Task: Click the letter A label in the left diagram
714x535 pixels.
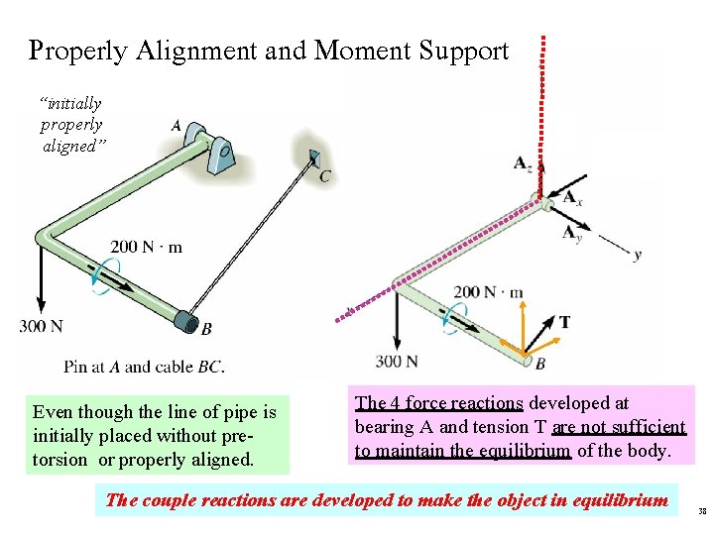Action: click(x=176, y=126)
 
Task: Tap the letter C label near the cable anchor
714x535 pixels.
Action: click(x=325, y=176)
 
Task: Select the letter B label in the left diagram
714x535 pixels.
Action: click(x=205, y=329)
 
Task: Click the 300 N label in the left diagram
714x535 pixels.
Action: click(x=41, y=326)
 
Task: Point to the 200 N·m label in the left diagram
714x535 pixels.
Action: click(x=146, y=247)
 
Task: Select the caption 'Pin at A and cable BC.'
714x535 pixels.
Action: click(x=144, y=367)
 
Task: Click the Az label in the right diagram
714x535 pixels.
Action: click(x=523, y=163)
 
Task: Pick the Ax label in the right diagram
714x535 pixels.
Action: click(x=572, y=198)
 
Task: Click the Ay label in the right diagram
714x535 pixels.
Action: click(x=572, y=234)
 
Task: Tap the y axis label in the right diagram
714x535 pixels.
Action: click(x=637, y=255)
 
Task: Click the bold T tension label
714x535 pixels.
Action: click(x=564, y=322)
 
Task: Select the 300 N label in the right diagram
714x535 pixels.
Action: click(x=398, y=361)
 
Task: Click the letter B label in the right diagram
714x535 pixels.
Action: click(x=540, y=364)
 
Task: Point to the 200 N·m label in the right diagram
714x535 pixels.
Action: click(x=488, y=292)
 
